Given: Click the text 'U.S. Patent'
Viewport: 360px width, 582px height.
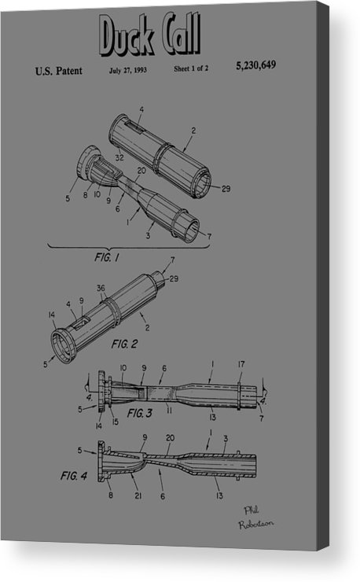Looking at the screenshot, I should tap(58, 72).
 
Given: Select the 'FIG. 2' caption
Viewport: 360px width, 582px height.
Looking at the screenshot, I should tap(126, 344).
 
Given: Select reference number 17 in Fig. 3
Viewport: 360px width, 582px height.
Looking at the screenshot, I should tap(241, 363).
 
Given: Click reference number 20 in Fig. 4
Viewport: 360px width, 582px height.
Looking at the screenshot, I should tap(171, 439).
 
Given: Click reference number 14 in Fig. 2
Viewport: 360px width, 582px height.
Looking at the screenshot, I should tap(52, 315).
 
